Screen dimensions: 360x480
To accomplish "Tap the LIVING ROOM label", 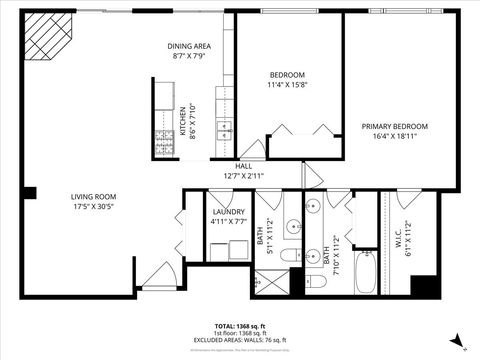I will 93,196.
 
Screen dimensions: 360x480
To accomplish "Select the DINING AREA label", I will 188,47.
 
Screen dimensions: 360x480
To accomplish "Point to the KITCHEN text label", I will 182,122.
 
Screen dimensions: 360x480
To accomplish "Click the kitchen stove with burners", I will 164,143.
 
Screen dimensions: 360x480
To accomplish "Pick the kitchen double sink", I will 224,131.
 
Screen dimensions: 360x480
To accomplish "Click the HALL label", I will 244,166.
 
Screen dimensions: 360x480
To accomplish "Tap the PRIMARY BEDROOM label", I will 394,126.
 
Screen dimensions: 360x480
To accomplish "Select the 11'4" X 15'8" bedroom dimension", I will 287,86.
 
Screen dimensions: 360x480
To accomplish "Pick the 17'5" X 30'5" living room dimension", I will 93,206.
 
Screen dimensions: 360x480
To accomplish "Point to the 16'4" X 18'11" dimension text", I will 394,137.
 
